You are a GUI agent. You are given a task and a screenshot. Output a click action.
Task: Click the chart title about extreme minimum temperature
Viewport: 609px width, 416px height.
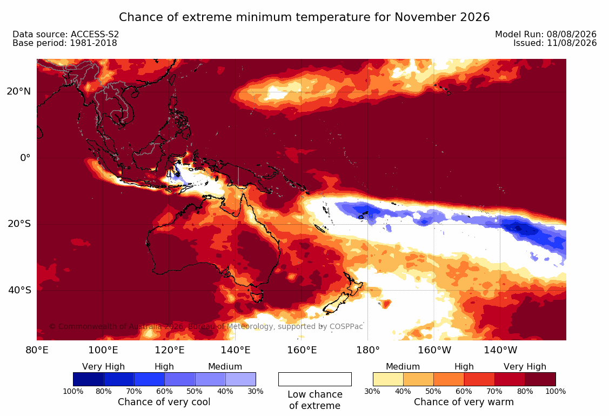pos(304,17)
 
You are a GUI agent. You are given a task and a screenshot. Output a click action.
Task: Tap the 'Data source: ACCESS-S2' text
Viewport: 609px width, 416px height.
pos(65,34)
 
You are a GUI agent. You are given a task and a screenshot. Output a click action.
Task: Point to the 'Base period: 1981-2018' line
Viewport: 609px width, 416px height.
pos(64,43)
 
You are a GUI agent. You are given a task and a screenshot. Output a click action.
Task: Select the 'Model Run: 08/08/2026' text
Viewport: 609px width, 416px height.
pos(546,34)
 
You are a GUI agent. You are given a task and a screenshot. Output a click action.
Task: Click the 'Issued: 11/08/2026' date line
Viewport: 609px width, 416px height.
pos(555,43)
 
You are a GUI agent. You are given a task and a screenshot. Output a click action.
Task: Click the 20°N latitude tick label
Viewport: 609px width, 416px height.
pos(18,91)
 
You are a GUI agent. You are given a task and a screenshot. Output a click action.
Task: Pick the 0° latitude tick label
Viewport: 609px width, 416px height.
pos(25,158)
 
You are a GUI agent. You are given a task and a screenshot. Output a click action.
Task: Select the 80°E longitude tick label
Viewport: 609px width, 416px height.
pos(37,350)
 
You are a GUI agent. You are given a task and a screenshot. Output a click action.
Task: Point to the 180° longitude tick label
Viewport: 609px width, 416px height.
pos(368,350)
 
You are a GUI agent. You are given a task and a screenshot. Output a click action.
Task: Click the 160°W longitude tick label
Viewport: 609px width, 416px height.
pos(434,350)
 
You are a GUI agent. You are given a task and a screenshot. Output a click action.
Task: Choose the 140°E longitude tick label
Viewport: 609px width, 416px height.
pos(236,350)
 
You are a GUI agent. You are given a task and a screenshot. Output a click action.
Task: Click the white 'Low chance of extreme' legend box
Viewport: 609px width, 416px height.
pos(315,379)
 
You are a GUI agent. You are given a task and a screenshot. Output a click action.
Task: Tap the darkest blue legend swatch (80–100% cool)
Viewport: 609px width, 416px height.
pos(88,379)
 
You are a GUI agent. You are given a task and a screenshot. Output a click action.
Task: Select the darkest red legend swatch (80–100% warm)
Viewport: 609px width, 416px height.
pos(540,379)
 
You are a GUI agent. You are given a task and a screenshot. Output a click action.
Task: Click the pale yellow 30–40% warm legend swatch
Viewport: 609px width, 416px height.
pos(388,379)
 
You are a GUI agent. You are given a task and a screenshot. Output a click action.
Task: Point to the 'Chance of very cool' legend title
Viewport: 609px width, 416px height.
pos(164,401)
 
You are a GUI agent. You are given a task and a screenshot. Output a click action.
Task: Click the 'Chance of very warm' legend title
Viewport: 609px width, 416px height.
pos(464,401)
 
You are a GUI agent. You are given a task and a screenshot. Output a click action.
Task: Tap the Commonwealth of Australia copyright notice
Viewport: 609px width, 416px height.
pos(206,326)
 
